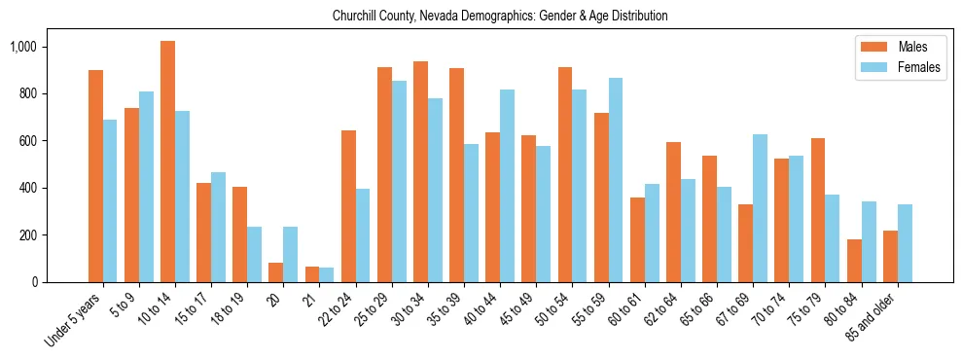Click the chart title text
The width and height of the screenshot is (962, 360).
(500, 17)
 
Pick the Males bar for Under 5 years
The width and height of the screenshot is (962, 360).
(95, 176)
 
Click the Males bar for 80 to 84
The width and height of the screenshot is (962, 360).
(854, 261)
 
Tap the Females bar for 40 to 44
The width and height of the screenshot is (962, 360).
(507, 186)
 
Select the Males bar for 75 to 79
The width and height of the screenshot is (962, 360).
(818, 210)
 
